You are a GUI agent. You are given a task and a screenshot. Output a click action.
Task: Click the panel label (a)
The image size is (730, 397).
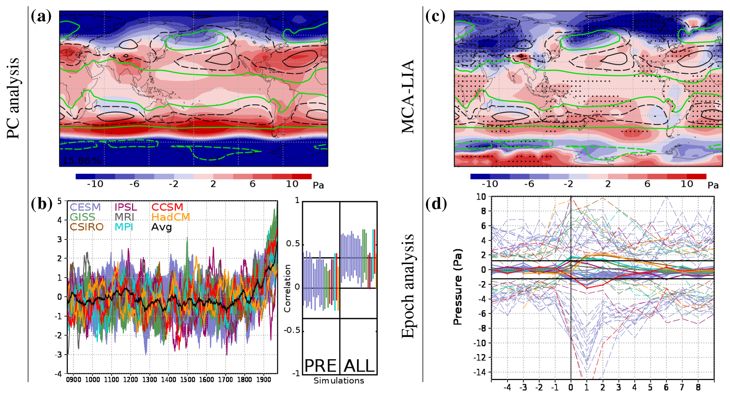[x=41, y=17]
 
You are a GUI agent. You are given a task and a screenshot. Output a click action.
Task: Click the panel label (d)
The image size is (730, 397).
[x=436, y=204]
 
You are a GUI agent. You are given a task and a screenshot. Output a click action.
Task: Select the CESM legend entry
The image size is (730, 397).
[x=85, y=207]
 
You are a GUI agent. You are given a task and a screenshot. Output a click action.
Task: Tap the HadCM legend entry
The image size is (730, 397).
[x=171, y=217]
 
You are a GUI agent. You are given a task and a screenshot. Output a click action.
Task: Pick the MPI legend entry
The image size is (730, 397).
[x=124, y=227]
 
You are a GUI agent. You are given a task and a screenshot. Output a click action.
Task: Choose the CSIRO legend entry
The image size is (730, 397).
[x=87, y=227]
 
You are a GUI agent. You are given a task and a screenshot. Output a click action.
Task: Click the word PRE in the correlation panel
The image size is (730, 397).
[x=320, y=366]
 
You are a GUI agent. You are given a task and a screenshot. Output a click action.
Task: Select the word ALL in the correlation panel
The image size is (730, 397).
[x=359, y=366]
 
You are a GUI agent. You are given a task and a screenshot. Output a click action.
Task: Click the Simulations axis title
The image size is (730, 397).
[x=339, y=381]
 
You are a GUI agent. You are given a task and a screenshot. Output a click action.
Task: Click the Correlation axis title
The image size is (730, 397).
[x=287, y=288]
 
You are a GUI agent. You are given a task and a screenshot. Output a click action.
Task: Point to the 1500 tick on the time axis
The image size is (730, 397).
[x=188, y=380]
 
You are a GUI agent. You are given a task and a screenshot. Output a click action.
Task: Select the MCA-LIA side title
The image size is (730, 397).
[x=408, y=97]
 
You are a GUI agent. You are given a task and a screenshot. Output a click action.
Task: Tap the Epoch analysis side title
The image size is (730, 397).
[x=408, y=286]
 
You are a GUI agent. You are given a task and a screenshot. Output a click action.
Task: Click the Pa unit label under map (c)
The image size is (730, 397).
[x=713, y=185]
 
